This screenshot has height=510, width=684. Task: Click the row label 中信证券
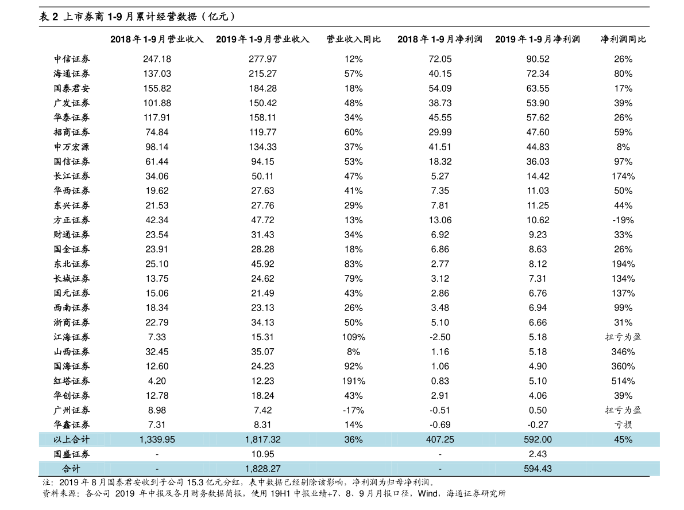click(x=72, y=59)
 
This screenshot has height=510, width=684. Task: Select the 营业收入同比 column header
click(x=353, y=39)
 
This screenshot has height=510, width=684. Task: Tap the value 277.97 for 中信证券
click(x=262, y=59)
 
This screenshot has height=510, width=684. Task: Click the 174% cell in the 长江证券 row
click(x=623, y=176)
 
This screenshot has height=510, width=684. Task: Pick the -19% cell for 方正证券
click(x=623, y=220)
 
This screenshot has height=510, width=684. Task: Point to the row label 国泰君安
click(x=72, y=88)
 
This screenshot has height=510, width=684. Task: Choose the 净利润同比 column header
click(x=623, y=39)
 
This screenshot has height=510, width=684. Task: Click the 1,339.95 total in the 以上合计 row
click(x=157, y=439)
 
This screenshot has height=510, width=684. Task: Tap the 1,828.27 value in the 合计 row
click(x=262, y=469)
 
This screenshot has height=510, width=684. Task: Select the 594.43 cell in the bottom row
click(x=538, y=469)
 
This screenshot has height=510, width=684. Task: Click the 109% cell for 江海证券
click(x=353, y=337)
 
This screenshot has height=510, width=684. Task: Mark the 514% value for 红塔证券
click(x=623, y=381)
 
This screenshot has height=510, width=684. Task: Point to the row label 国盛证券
click(x=72, y=454)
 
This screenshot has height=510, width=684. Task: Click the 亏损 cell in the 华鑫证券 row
click(x=623, y=425)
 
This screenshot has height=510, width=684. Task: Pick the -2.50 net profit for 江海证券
click(x=440, y=337)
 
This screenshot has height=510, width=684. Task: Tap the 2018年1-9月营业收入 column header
click(x=157, y=39)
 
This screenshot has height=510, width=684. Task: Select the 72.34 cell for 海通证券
click(x=538, y=73)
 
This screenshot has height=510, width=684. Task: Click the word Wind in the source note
click(x=427, y=493)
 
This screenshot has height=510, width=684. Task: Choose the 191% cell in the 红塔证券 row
click(x=353, y=381)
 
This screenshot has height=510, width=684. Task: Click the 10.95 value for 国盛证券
click(x=262, y=454)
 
